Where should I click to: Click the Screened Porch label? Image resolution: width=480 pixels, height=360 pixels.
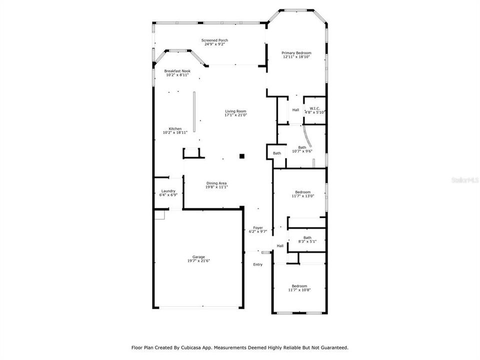tap(214, 40)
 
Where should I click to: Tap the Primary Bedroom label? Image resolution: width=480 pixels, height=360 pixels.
tap(296, 53)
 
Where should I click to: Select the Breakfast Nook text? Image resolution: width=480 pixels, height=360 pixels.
tap(177, 71)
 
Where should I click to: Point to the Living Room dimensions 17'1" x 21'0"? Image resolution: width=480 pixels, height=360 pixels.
tap(235, 115)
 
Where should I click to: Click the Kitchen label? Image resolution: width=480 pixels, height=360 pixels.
tap(175, 128)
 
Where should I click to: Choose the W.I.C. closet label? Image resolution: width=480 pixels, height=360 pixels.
tap(315, 108)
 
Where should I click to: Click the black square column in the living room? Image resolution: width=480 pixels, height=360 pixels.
tap(241, 156)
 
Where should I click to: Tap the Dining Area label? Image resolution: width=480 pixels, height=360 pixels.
tap(216, 183)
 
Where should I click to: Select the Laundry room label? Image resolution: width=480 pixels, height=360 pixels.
tap(168, 191)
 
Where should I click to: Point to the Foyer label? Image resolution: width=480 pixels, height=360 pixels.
tap(258, 227)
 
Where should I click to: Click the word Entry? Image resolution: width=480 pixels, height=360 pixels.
tap(257, 264)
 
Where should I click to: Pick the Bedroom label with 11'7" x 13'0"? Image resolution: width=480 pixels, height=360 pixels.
tap(302, 192)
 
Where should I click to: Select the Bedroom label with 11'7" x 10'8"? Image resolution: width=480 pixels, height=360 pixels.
tap(299, 286)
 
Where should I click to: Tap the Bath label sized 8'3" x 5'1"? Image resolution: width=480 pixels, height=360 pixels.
tap(307, 237)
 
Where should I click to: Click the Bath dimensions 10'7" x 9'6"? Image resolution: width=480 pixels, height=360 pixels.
tap(302, 151)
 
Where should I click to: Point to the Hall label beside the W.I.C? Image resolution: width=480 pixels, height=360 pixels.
tap(295, 110)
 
